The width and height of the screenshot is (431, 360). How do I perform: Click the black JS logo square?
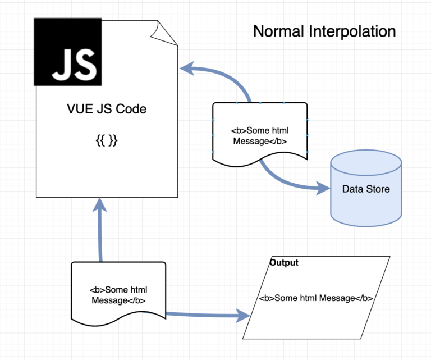(67, 52)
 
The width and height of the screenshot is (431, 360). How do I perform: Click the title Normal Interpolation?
(324, 31)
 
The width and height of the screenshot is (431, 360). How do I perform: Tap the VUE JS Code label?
(107, 109)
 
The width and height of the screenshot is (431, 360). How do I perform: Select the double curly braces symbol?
(107, 140)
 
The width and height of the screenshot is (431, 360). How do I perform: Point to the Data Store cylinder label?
(366, 189)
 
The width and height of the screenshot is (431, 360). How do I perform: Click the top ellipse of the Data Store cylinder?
(366, 162)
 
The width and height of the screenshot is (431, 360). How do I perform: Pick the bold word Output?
(284, 262)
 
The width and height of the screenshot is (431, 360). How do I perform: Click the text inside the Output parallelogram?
(316, 298)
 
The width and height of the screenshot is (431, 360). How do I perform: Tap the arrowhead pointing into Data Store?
(323, 188)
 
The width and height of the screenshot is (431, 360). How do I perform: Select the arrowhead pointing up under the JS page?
(99, 205)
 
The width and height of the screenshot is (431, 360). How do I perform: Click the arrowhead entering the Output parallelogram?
(243, 316)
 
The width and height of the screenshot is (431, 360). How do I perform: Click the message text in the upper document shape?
(260, 135)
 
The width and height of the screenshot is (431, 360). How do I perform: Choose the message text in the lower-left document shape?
(118, 295)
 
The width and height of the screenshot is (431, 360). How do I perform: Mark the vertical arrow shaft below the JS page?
(100, 236)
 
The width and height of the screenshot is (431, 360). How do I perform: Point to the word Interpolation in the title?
(352, 31)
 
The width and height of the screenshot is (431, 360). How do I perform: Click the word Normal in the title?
(278, 31)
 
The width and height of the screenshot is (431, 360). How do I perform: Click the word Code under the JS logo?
(131, 109)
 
